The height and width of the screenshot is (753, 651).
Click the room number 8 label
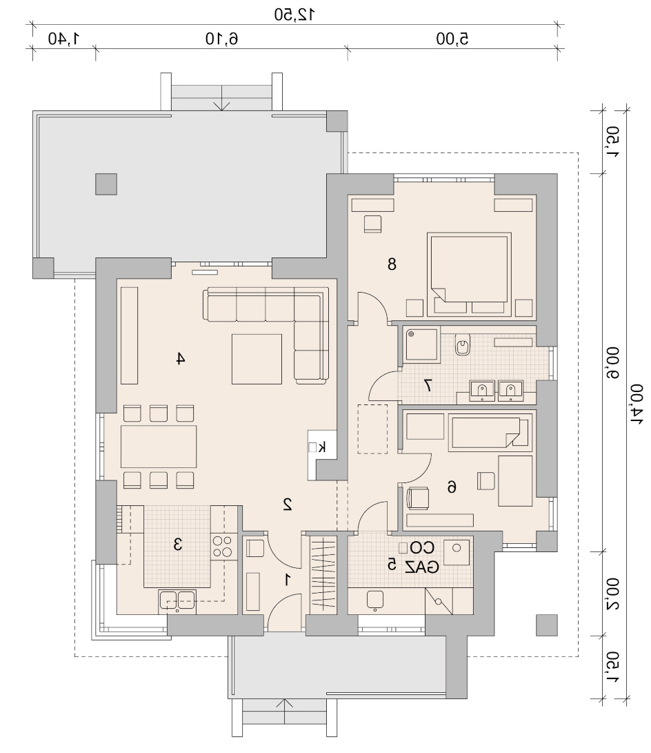pyautogui.click(x=392, y=264)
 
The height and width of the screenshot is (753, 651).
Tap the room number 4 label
pyautogui.click(x=180, y=358)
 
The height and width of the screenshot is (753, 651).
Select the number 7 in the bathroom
pyautogui.click(x=428, y=385)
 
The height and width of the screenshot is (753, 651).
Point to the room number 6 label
pyautogui.click(x=452, y=487)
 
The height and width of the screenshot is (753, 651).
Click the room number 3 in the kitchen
pyautogui.click(x=177, y=545)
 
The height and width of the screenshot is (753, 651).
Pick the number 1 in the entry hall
pyautogui.click(x=288, y=580)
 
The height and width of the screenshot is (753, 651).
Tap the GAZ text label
pyautogui.click(x=421, y=567)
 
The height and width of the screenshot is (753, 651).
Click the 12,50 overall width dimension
pyautogui.click(x=294, y=14)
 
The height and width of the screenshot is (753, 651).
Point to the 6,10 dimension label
pyautogui.click(x=221, y=39)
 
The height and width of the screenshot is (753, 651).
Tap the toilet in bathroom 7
pyautogui.click(x=463, y=344)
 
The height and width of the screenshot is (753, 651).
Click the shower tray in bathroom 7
pyautogui.click(x=421, y=344)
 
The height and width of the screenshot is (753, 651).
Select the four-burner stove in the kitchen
pyautogui.click(x=222, y=547)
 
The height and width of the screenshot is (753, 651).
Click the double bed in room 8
pyautogui.click(x=469, y=275)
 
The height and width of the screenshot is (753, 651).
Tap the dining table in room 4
pyautogui.click(x=159, y=446)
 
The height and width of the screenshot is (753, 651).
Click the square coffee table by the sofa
pyautogui.click(x=257, y=359)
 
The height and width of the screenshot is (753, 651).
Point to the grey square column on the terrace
pyautogui.click(x=106, y=184)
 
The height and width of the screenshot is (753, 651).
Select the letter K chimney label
pyautogui.click(x=322, y=447)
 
